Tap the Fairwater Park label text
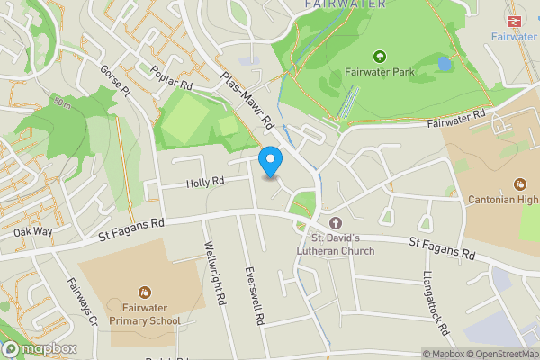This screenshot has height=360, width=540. point(379,72)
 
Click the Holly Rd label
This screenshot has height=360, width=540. point(204,183)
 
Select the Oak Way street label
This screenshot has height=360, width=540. point(33,233)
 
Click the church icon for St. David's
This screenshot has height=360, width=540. point(336,222)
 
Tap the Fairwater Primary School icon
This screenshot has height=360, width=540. point(145,291)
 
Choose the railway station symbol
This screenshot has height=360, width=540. point(517,19)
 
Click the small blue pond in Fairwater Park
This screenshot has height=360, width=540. point(444,64)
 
